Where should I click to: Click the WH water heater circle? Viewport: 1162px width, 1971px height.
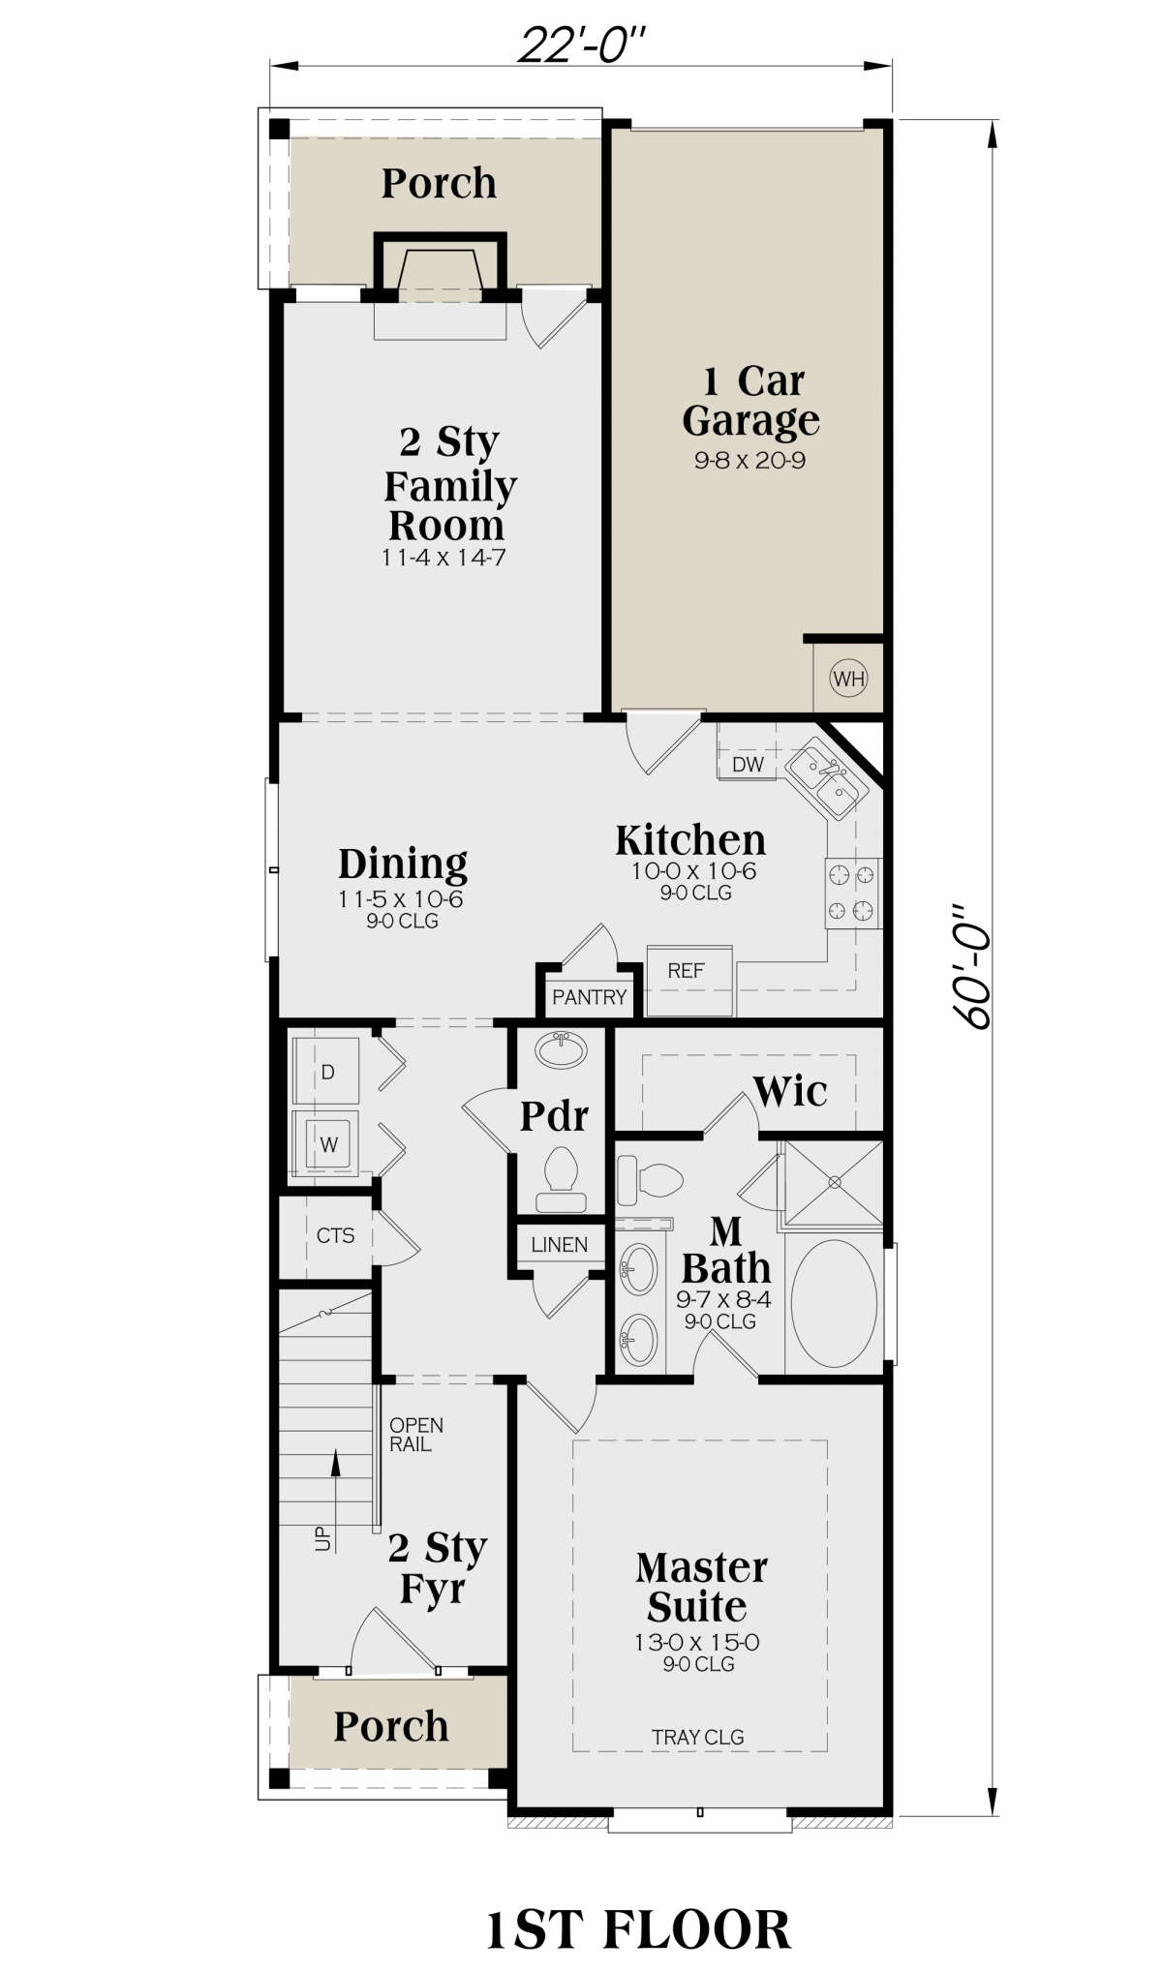(x=848, y=679)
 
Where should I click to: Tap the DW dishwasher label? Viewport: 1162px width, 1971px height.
(x=748, y=765)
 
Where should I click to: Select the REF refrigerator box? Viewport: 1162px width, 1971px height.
(x=688, y=980)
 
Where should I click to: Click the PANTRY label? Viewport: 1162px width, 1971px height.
(x=590, y=997)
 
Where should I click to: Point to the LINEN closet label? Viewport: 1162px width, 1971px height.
(x=560, y=1245)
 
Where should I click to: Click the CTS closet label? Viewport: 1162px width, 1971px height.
(x=335, y=1235)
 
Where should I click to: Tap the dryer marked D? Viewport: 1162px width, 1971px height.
(x=326, y=1072)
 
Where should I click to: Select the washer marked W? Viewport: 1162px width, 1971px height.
(x=326, y=1143)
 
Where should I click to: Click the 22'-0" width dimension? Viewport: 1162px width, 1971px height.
(x=581, y=45)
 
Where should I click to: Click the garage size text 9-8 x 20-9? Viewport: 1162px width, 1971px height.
(x=749, y=461)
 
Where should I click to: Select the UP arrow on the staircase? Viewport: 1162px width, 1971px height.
(x=336, y=1492)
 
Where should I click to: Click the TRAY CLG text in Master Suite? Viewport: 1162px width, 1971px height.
(x=697, y=1737)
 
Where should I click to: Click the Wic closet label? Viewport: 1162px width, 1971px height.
(x=790, y=1092)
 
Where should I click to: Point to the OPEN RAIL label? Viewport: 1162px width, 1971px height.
(x=416, y=1435)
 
